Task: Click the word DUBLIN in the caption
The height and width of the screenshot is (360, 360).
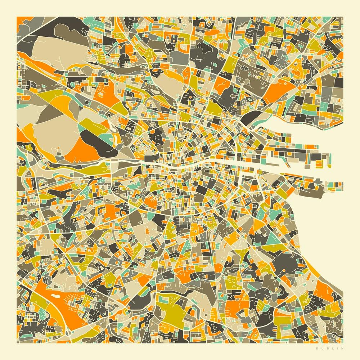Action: pos(329,348)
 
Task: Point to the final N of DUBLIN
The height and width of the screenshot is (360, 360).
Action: pos(342,348)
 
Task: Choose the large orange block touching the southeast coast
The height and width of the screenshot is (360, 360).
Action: pos(326,288)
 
